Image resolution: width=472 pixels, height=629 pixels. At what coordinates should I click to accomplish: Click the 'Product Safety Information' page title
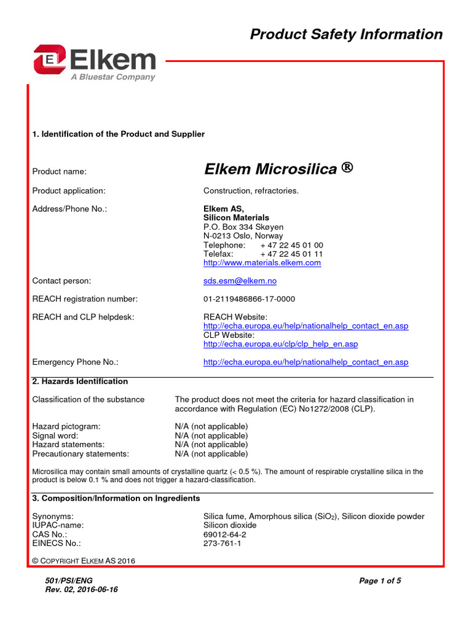coord(346,34)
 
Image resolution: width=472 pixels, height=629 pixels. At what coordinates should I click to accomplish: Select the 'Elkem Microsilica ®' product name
coord(278,169)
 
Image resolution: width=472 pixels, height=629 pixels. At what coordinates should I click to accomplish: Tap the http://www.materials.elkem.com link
coord(262,263)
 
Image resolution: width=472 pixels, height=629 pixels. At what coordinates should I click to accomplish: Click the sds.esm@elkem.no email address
coord(240,281)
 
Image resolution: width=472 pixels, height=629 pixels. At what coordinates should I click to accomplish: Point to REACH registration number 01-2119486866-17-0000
coord(249,299)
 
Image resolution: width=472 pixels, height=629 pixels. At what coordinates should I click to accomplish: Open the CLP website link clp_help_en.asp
coord(280,344)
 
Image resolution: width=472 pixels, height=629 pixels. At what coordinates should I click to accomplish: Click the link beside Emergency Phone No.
coord(305,362)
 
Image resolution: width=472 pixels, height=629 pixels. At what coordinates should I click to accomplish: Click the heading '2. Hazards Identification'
coord(80,381)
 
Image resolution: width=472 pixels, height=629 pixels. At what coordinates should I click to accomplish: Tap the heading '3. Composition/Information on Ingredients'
coord(116,498)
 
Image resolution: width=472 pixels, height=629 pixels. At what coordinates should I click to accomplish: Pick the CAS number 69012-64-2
coord(224,534)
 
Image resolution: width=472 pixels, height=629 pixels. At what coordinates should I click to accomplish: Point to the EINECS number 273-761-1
coord(222,544)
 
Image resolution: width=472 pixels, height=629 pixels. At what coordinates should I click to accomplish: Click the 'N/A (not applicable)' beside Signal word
coord(211,436)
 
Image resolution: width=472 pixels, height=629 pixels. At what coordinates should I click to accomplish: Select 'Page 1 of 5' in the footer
coord(380,580)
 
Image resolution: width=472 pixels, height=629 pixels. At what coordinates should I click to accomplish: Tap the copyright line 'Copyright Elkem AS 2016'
coord(84,561)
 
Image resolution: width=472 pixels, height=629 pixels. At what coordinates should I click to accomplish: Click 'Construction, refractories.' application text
coord(251,191)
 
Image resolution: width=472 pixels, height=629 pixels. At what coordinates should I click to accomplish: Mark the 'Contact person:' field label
coord(61,281)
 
